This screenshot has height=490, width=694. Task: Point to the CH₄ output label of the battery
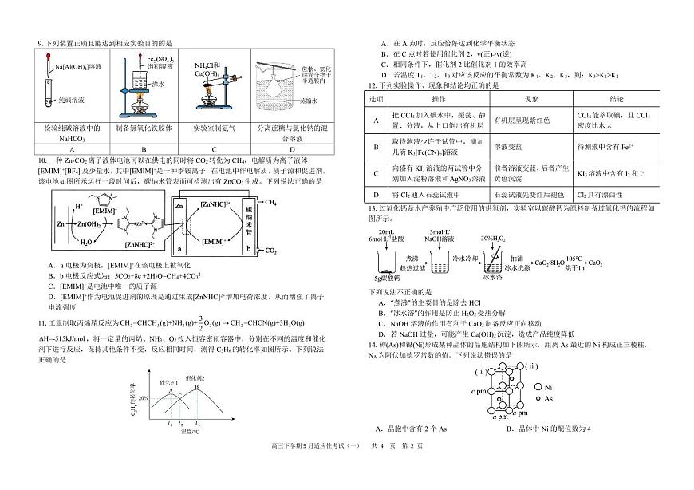pos(270,204)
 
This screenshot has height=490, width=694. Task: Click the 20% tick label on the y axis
pos(143,396)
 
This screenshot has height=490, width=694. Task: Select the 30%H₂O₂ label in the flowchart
pos(494,238)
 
